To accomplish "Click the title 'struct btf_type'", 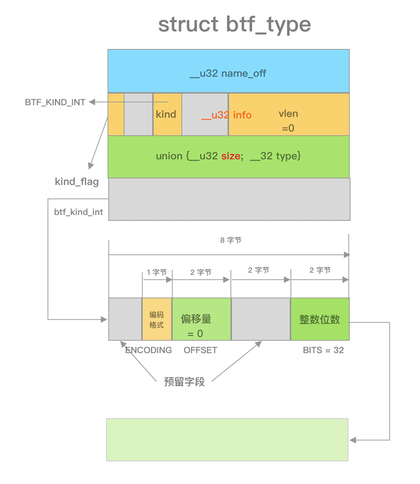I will pyautogui.click(x=235, y=25).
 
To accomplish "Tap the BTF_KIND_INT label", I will pyautogui.click(x=55, y=103).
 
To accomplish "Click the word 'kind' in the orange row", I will pyautogui.click(x=166, y=114).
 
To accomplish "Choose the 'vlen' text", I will pyautogui.click(x=288, y=113).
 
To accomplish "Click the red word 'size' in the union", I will pyautogui.click(x=230, y=156).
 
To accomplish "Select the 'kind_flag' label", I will pyautogui.click(x=77, y=181).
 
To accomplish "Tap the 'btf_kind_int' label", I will pyautogui.click(x=79, y=212).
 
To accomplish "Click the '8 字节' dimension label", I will pyautogui.click(x=230, y=240).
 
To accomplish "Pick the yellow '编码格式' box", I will pyautogui.click(x=157, y=319).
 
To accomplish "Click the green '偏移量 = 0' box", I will pyautogui.click(x=201, y=319).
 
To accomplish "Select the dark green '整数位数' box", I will pyautogui.click(x=320, y=319).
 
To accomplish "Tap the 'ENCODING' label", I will pyautogui.click(x=149, y=350).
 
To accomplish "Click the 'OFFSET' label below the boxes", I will pyautogui.click(x=200, y=350).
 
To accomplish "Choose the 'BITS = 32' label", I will pyautogui.click(x=323, y=350).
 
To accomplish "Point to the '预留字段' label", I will pyautogui.click(x=184, y=381).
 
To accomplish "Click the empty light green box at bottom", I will pyautogui.click(x=227, y=439).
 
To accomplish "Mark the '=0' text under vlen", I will pyautogui.click(x=288, y=128).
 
